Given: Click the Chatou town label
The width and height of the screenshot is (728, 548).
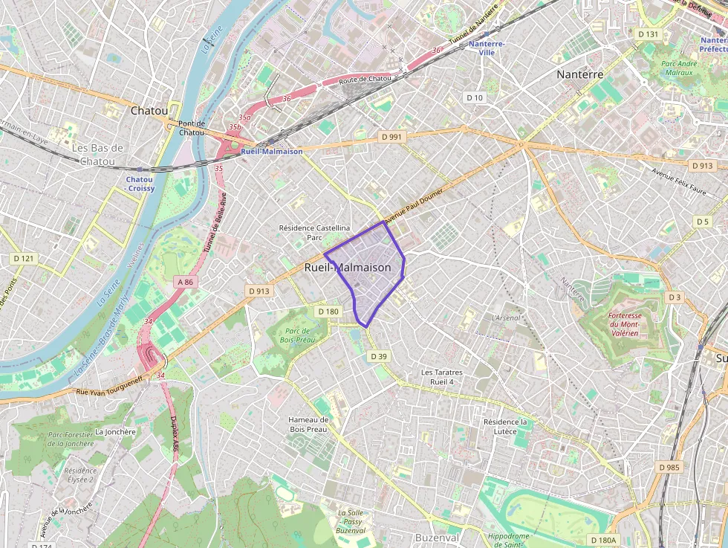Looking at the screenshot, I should (149, 110).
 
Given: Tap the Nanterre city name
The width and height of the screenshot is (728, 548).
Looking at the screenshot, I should (580, 74).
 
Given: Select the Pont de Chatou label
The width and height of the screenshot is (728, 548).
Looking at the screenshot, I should (192, 128).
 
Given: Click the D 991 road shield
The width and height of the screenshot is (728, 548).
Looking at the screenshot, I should (391, 137).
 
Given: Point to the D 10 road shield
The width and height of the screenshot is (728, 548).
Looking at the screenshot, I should (474, 97).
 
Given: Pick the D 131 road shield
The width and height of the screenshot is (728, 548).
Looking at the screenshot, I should (649, 34).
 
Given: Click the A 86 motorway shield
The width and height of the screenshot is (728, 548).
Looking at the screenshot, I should (185, 282).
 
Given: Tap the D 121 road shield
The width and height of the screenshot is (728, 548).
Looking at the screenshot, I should (24, 258).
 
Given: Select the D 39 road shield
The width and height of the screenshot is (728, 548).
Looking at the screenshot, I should (378, 356).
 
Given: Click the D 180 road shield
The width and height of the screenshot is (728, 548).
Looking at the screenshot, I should (327, 312).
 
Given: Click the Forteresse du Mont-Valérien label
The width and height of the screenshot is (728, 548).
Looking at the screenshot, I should (624, 324).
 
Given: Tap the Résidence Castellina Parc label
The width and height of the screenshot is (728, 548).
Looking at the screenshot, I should (314, 233).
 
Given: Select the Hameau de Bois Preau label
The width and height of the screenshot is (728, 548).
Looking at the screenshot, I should (308, 424).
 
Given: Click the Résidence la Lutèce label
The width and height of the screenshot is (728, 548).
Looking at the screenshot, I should (505, 426).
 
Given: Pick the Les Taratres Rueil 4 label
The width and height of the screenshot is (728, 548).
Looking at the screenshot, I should (442, 376).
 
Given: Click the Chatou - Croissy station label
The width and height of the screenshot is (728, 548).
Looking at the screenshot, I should (140, 184).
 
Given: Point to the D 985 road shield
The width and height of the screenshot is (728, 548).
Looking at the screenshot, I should (669, 467).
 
